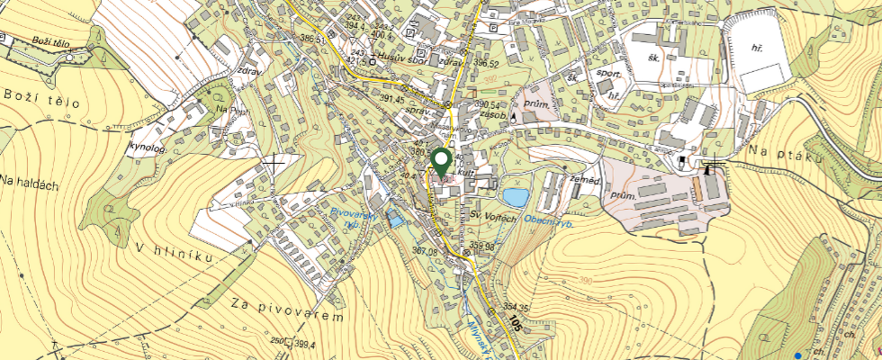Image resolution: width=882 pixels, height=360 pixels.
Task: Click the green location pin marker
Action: click(441, 162)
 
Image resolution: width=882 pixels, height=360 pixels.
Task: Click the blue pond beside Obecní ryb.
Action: click(516, 197)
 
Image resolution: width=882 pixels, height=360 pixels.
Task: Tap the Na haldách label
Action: click(30, 184)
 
